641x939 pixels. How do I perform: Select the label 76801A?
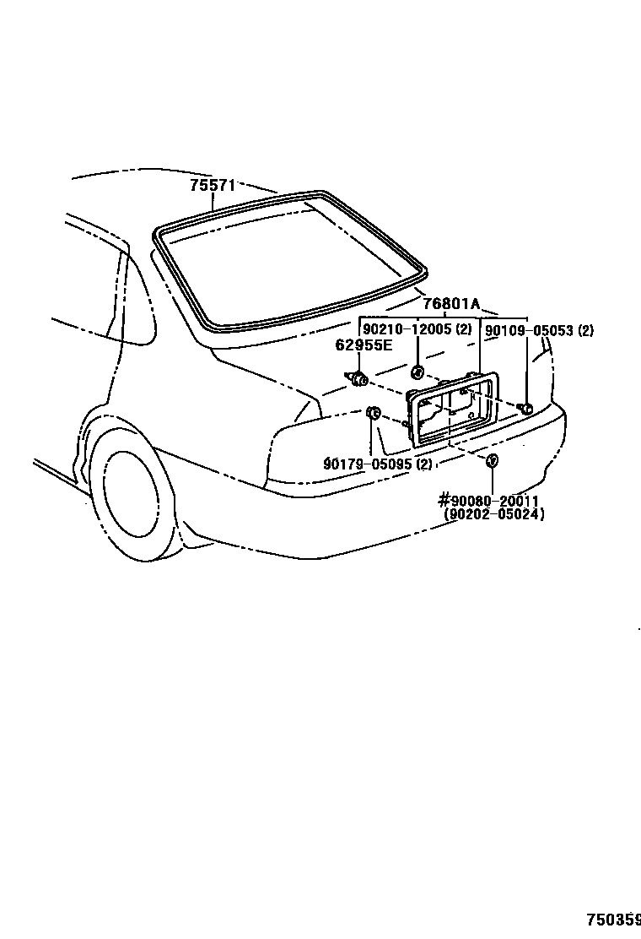click(x=451, y=304)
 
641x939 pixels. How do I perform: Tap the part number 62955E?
click(x=364, y=345)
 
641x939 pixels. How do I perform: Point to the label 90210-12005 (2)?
click(x=417, y=330)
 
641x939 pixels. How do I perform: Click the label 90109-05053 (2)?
click(x=539, y=331)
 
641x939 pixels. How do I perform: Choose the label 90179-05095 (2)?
click(x=378, y=464)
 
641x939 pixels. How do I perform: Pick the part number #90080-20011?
click(x=490, y=501)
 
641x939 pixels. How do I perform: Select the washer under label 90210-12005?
click(x=417, y=372)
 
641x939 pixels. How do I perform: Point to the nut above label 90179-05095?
click(x=374, y=412)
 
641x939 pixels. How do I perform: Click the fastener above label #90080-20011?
click(x=492, y=460)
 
